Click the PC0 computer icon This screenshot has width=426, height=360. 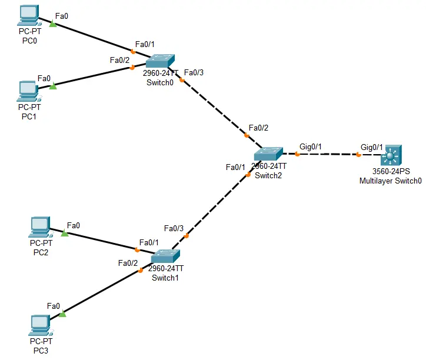click(28, 14)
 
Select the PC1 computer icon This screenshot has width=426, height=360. click(28, 89)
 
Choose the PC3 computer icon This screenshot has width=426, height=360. click(40, 324)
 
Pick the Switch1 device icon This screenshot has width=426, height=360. click(165, 257)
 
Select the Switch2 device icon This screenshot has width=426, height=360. click(269, 154)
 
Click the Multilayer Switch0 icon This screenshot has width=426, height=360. click(390, 156)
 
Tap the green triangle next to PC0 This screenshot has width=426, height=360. click(52, 24)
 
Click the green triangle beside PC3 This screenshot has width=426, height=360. click(62, 314)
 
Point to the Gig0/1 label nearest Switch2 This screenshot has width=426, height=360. click(311, 146)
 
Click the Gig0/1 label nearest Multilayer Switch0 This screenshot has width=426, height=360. click(372, 146)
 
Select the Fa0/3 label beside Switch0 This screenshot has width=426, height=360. click(194, 73)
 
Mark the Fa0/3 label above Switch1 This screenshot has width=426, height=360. click(174, 228)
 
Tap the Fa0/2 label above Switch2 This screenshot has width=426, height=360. click(258, 128)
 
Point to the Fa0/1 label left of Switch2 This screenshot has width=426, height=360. click(235, 167)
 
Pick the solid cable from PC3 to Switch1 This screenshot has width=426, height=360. click(100, 293)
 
